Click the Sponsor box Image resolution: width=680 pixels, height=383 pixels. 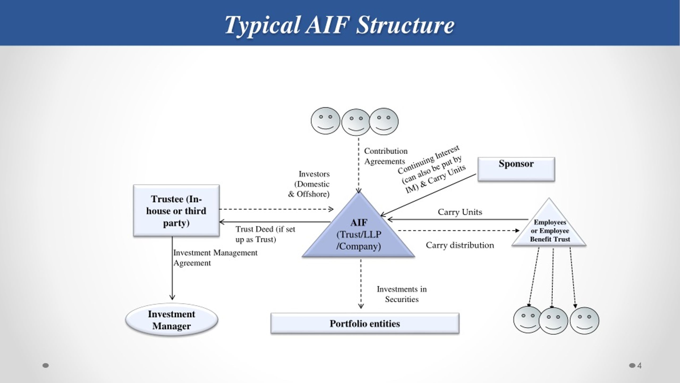pos(516,169)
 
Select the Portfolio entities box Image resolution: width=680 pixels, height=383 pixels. pos(365,323)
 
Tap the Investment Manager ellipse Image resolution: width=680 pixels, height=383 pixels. pos(172,320)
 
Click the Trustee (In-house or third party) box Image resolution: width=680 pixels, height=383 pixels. pos(176,211)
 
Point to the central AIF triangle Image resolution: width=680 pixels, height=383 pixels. pos(359,234)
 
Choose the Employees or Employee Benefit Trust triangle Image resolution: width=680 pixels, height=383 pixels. pos(549,230)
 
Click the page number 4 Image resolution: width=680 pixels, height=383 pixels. pos(639,366)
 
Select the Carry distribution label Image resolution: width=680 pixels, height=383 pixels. pos(460,245)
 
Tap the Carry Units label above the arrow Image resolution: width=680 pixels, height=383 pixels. pos(460,212)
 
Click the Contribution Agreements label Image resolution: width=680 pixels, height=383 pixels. pos(385,156)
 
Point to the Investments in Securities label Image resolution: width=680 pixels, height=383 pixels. pos(402,294)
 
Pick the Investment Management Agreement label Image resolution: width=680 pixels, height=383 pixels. pos(215,257)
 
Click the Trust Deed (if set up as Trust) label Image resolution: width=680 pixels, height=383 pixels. pos(265,234)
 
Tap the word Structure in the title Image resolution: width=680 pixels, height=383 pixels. pos(405,25)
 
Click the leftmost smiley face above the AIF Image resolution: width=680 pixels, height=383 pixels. pos(325,121)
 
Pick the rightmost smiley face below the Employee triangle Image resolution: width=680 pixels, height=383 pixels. pos(584,321)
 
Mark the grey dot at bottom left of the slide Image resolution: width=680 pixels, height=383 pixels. pos(46,365)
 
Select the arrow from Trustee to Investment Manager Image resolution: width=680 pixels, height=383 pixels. pos(172,269)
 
